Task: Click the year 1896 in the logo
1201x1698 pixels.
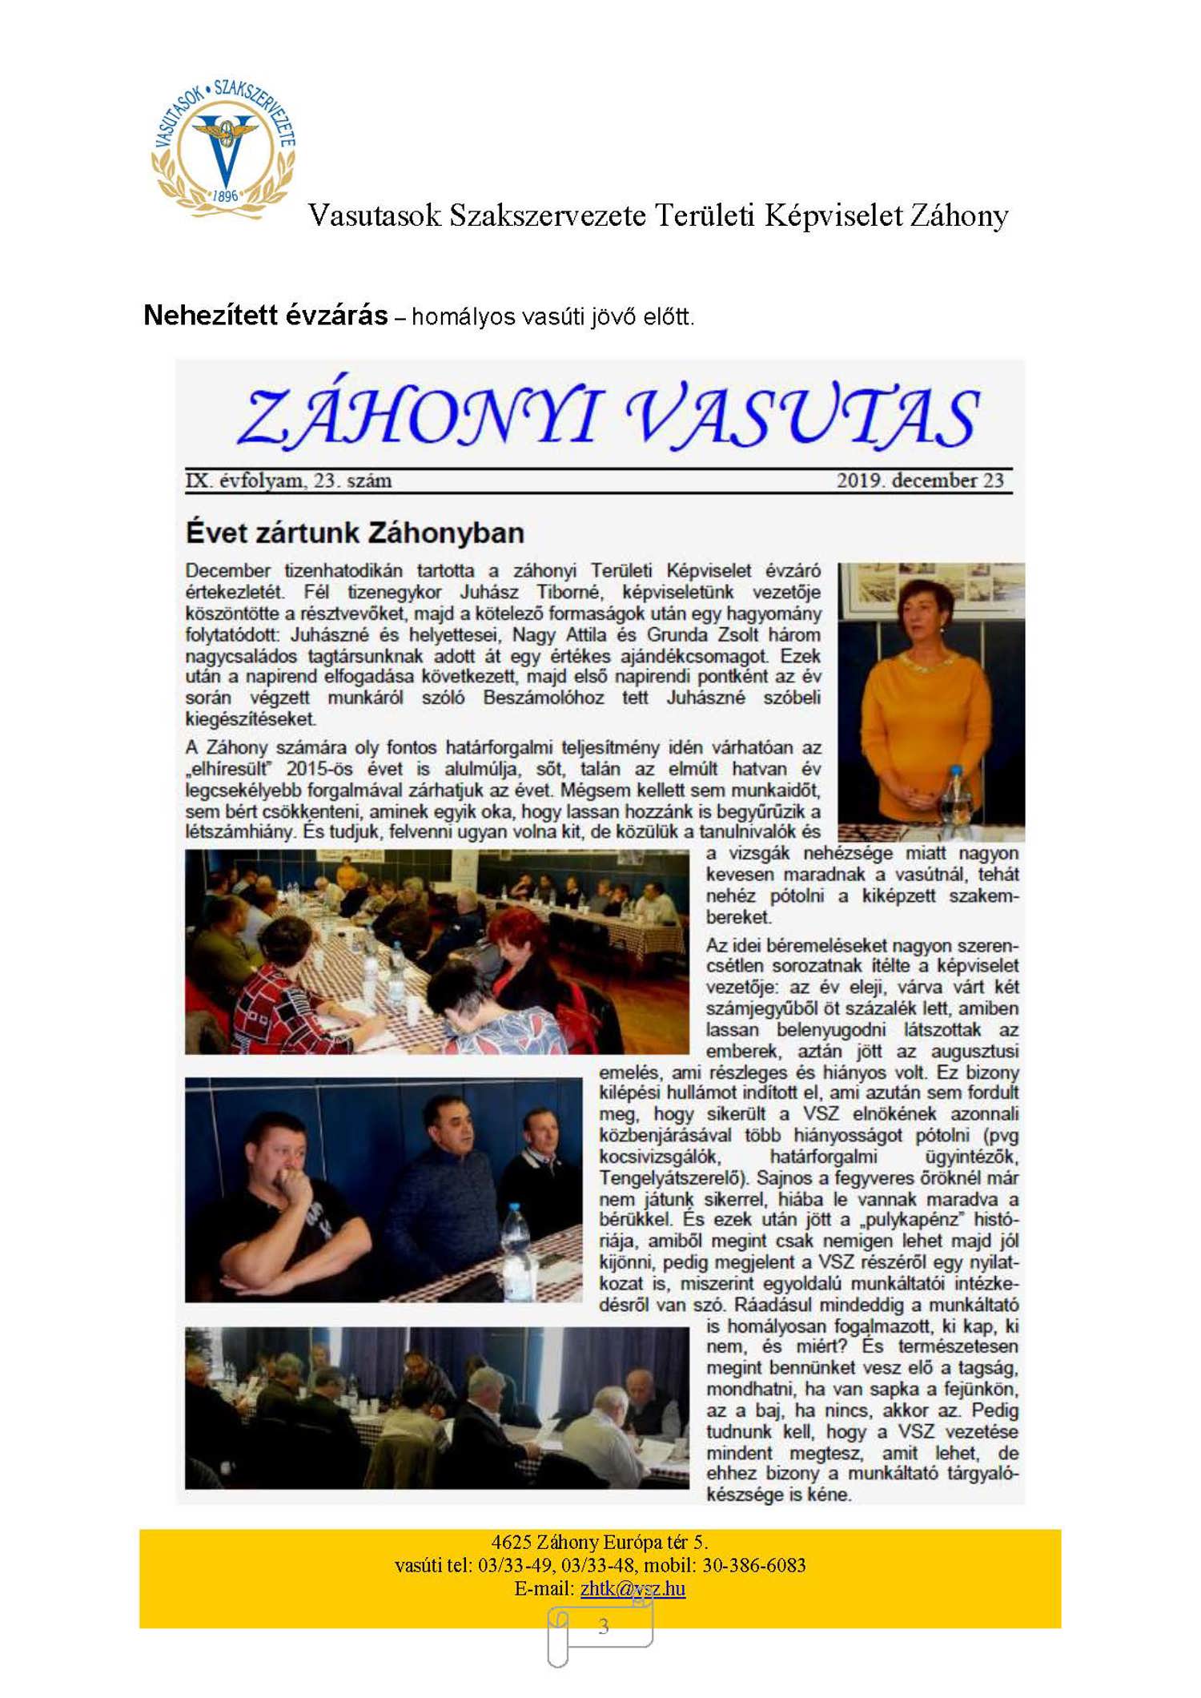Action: (225, 195)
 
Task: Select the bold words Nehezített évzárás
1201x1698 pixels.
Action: (265, 316)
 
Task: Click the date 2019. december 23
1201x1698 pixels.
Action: (919, 481)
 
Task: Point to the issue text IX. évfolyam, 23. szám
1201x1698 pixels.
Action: (288, 481)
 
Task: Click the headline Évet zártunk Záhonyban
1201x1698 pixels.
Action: (355, 533)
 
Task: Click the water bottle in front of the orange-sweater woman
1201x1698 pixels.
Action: (954, 797)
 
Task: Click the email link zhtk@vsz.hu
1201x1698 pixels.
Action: (633, 1588)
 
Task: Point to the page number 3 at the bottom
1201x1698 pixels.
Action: (603, 1627)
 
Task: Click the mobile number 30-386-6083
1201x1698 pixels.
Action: (755, 1565)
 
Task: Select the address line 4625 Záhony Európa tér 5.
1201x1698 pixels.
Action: (599, 1542)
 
